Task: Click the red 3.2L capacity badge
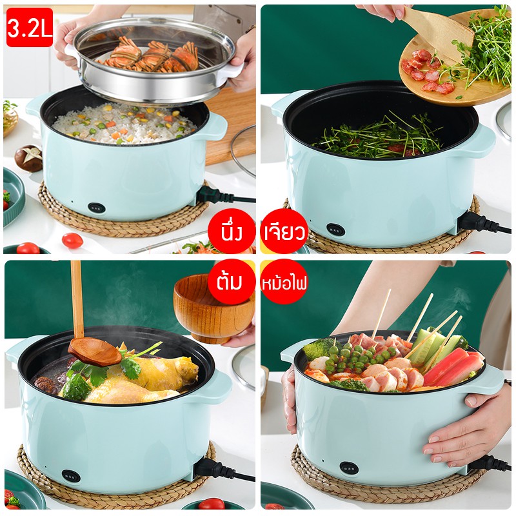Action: coord(30,27)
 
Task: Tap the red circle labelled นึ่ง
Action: coord(232,232)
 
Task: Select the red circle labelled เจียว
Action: coord(284,232)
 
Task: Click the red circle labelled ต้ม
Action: coord(232,282)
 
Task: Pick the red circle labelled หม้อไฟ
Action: coord(284,282)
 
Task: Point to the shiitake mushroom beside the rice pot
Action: coord(28,158)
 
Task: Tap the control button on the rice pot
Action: coord(96,208)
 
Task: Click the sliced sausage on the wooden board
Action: coord(427,73)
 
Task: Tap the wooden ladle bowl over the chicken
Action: coord(95,352)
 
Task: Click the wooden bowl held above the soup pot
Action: coord(213,308)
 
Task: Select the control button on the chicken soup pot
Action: coord(71,476)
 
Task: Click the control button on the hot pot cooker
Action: coord(349,468)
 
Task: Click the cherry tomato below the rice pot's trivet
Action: coord(72,240)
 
